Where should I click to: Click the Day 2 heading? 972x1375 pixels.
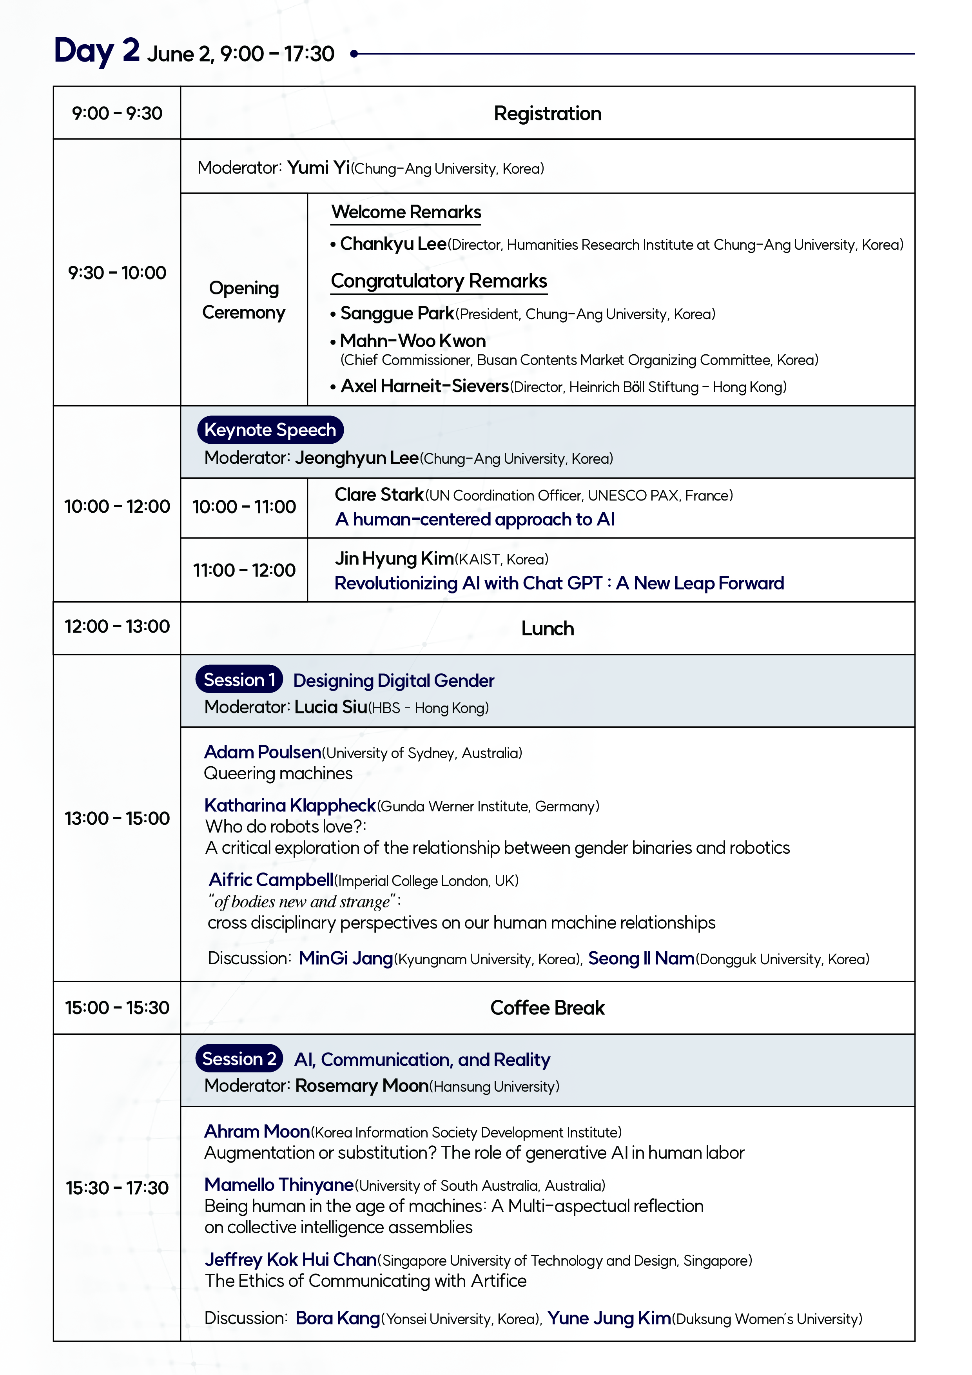coord(97,51)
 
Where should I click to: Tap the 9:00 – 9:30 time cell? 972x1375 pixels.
coord(117,113)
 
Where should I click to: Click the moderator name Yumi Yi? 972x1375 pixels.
coord(318,168)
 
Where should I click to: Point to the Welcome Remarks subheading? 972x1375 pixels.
coord(406,212)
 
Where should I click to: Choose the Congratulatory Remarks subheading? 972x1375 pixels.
coord(439,281)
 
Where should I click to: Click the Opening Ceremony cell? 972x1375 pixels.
coord(244,299)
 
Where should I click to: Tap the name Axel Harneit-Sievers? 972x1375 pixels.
coord(424,386)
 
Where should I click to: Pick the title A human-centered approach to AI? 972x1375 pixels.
coord(474,519)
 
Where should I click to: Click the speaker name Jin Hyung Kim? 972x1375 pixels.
coord(394,558)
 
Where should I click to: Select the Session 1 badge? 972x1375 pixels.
coord(239,680)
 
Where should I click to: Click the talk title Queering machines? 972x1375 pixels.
coord(278,773)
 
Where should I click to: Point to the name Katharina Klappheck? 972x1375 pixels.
coord(290,805)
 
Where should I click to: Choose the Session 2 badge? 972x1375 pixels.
coord(239,1059)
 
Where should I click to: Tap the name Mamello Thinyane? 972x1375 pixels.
coord(279,1185)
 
